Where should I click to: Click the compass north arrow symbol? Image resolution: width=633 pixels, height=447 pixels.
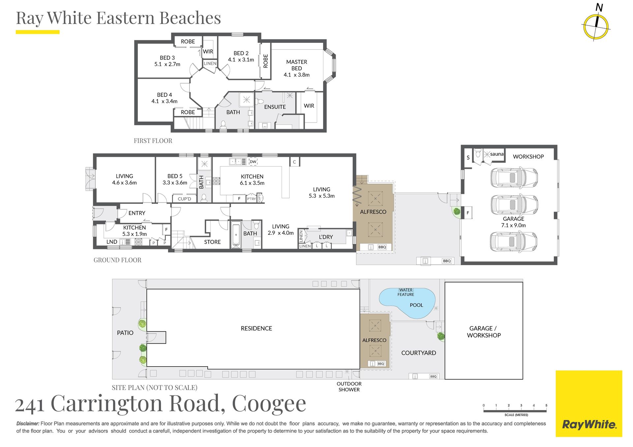point(596,26)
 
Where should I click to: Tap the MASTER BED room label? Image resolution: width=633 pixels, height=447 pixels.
point(296,65)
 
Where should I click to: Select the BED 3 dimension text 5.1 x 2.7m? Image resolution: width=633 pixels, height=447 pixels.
point(167,64)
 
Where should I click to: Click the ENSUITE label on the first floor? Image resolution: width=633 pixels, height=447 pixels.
point(275,107)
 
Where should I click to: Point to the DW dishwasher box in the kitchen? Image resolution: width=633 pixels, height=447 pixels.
point(253,161)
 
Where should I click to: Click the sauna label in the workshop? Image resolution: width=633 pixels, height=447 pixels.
point(497,154)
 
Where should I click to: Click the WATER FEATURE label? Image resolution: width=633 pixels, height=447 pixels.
point(406,292)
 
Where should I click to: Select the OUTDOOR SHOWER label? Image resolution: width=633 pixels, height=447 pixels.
point(349,387)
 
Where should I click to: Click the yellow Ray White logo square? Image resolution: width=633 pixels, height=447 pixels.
point(589,404)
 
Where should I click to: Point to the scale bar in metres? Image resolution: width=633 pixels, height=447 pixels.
point(515,410)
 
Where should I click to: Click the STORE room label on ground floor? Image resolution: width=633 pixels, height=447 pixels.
point(212,242)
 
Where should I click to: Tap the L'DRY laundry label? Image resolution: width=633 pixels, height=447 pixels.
point(326,237)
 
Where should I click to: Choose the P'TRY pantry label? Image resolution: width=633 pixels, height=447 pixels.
point(251,199)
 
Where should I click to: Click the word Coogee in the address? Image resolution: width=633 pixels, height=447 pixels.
point(269,403)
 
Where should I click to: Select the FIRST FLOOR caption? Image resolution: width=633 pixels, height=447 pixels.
point(153,141)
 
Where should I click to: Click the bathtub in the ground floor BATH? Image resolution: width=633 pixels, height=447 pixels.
point(236,235)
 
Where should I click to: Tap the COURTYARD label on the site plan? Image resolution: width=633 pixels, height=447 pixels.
point(418,353)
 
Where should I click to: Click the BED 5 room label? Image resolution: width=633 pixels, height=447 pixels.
point(175,176)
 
